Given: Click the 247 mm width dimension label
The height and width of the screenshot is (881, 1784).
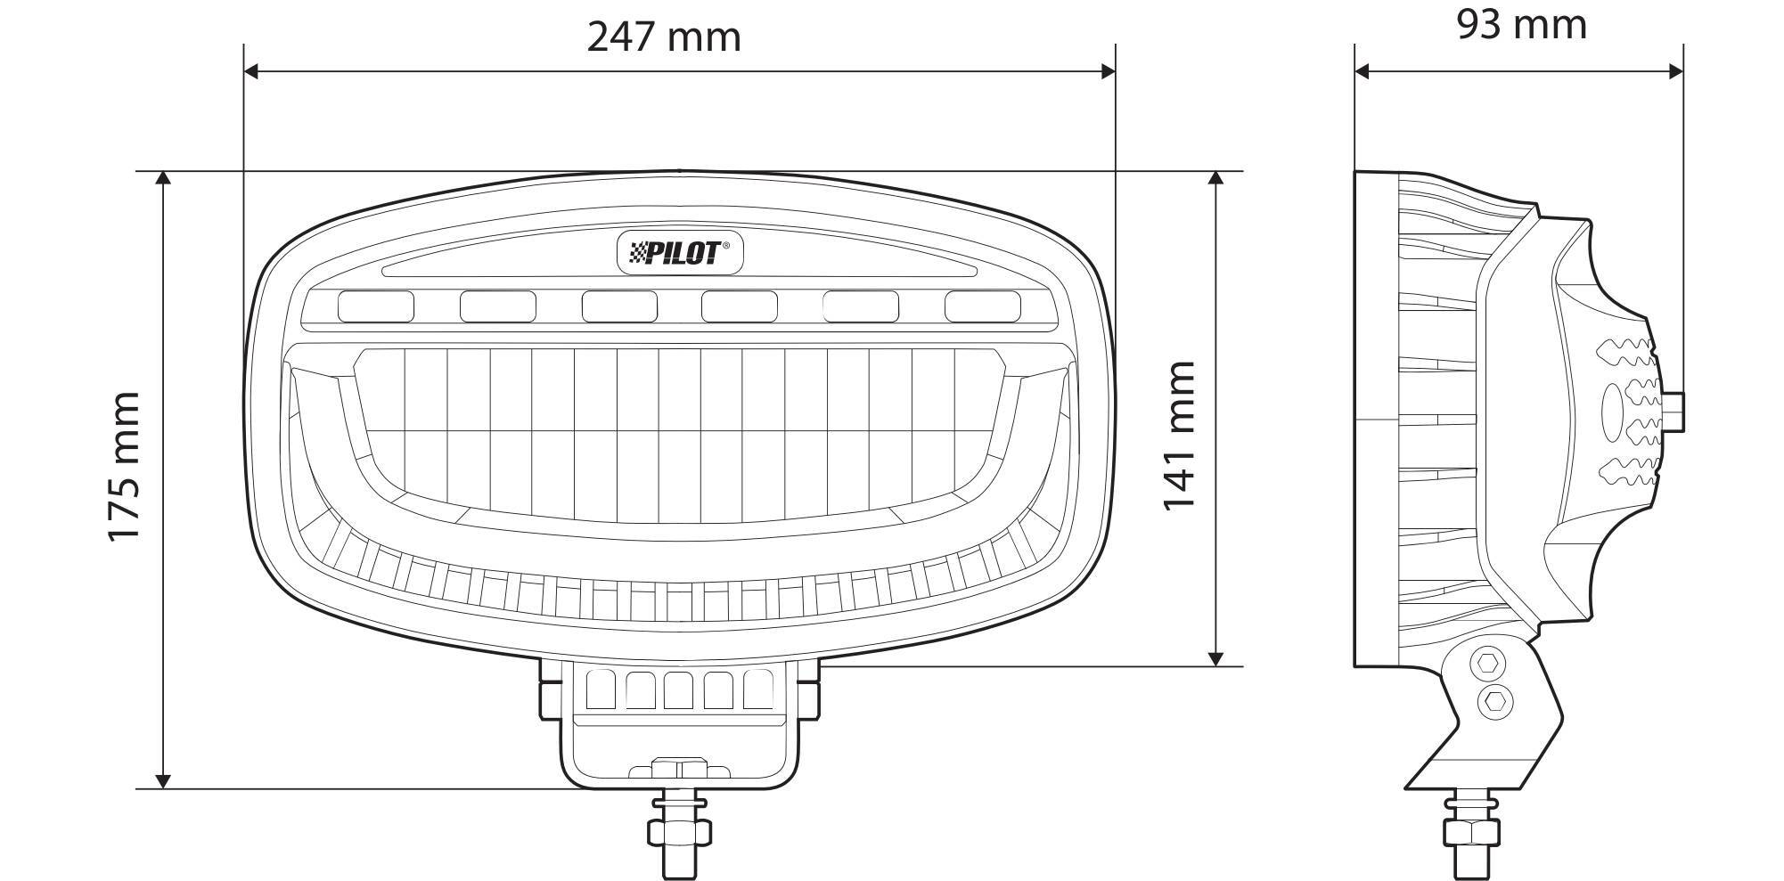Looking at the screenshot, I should point(664,37).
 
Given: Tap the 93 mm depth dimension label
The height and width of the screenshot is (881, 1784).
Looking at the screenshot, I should point(1521,25).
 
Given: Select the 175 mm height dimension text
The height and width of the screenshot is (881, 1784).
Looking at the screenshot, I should point(124,466).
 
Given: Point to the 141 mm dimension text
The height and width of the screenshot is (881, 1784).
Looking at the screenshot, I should point(1178,436).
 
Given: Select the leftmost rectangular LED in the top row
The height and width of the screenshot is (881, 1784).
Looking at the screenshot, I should point(375,306).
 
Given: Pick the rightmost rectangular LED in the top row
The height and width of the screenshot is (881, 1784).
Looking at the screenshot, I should point(983,306).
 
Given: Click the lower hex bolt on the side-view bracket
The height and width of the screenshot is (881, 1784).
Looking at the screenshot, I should point(1494,703).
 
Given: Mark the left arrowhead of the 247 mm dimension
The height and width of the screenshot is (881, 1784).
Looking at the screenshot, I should point(251,71).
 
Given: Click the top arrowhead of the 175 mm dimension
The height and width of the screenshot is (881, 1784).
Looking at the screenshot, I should point(163,179).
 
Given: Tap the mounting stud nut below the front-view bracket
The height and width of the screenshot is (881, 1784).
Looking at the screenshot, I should point(680,831).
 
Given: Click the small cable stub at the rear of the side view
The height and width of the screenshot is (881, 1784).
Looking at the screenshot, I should point(1676,412).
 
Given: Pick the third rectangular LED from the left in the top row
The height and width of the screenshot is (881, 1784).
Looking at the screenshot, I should point(619,306).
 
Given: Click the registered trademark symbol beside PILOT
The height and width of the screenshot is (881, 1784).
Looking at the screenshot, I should point(725,246).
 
